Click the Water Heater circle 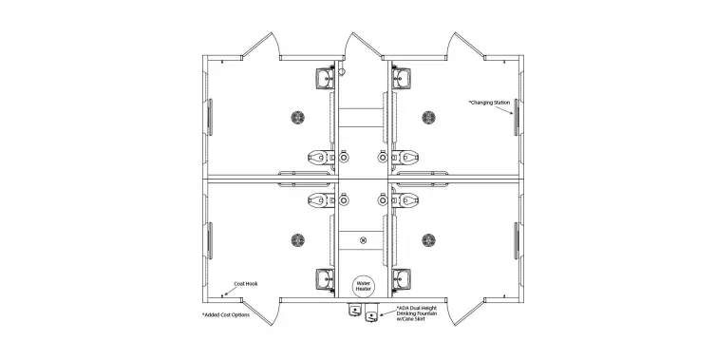362,285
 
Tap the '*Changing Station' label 488,101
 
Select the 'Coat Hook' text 246,282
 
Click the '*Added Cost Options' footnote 226,314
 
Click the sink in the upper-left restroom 322,76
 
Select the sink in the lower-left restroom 322,278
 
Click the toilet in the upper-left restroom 319,155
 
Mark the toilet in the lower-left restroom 319,199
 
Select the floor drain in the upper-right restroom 427,118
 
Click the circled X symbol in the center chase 362,242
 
